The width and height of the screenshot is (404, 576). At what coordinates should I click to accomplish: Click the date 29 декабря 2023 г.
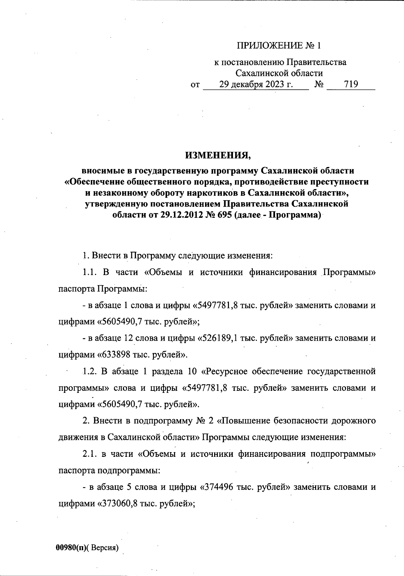pyautogui.click(x=256, y=84)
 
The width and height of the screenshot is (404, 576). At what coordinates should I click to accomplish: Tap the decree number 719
pyautogui.click(x=351, y=84)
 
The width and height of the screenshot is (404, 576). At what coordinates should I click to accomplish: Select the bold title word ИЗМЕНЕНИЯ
pyautogui.click(x=218, y=155)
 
